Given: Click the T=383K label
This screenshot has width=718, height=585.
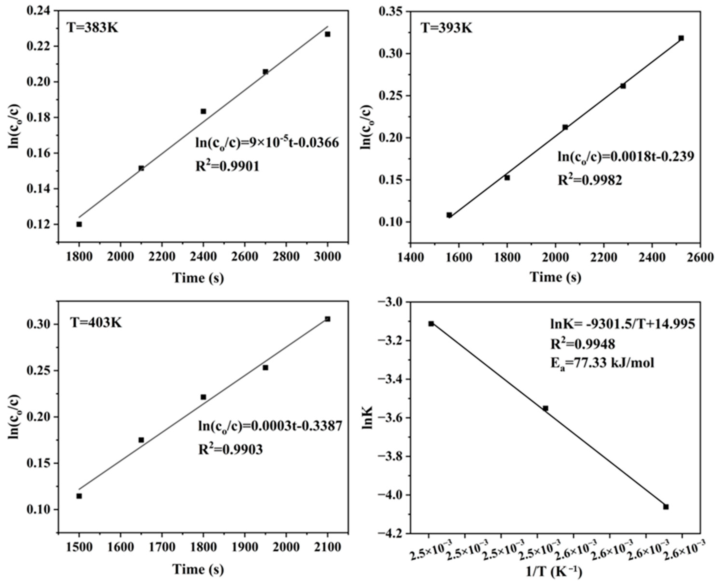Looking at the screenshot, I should coord(92,27).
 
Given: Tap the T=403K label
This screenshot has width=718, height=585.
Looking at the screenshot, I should coord(96,323).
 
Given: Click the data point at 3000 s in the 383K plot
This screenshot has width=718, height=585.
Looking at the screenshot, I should coord(327,34).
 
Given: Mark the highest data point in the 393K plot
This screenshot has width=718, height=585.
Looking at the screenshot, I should coord(681,38).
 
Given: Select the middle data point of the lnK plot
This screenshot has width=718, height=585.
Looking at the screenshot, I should coord(545,408).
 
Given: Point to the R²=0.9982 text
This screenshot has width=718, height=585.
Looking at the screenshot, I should coord(590,180).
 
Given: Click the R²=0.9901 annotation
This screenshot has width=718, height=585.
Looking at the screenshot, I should coord(228,166).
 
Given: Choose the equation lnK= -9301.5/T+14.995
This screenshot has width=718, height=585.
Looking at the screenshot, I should coord(622,324).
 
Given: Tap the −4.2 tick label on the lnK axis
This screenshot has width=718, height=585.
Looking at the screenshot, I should coord(392,534).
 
